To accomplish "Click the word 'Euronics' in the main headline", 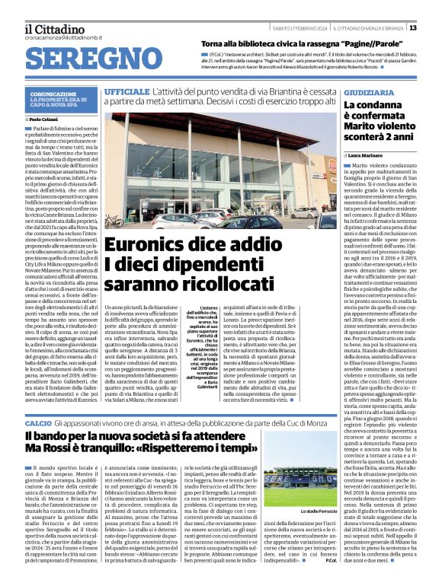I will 148,245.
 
